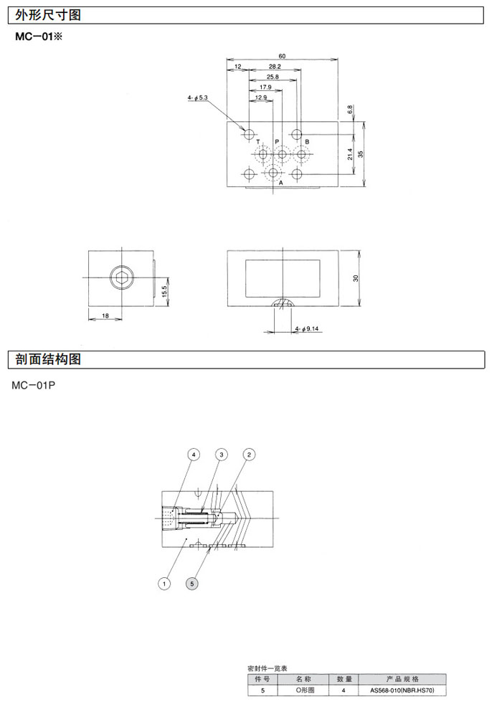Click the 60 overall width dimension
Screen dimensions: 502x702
(x=282, y=56)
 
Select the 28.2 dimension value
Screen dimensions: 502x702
(x=275, y=66)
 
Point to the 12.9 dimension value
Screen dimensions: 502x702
(x=260, y=97)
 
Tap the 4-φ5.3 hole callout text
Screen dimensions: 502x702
(x=197, y=97)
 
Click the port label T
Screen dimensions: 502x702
(x=258, y=141)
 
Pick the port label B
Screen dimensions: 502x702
(x=307, y=141)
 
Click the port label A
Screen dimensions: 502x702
(x=281, y=183)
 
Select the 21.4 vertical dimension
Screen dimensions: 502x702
(x=350, y=154)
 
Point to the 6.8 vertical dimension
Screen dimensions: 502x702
(x=350, y=109)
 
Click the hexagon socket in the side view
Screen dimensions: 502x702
(x=122, y=278)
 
